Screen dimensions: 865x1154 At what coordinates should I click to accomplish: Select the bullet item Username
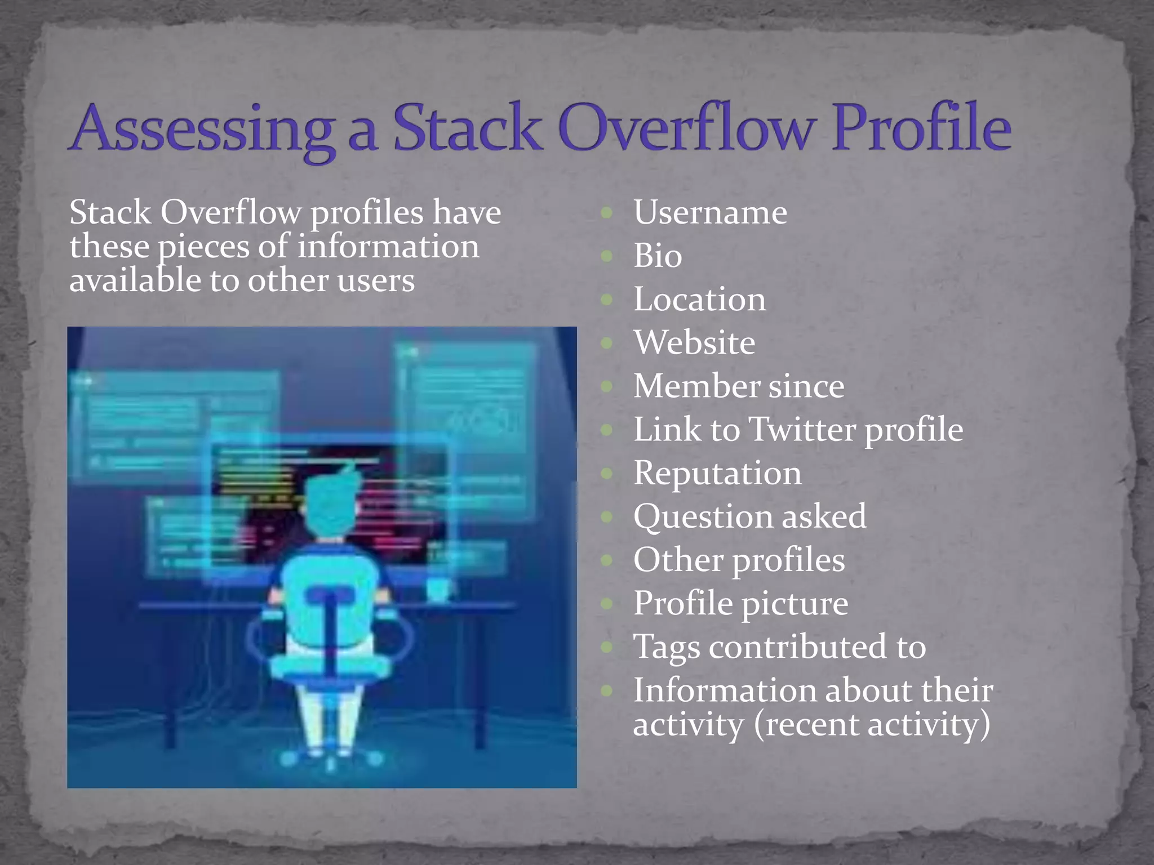(x=710, y=212)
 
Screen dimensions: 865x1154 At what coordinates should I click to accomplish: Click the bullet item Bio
(x=658, y=256)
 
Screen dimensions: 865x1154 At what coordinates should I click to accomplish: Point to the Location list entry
(x=699, y=299)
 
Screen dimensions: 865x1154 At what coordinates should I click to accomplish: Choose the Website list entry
(x=694, y=342)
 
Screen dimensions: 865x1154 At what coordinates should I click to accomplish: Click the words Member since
(x=739, y=386)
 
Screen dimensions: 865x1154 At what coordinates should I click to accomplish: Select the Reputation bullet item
(x=717, y=473)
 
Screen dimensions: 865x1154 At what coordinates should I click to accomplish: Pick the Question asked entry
(x=749, y=516)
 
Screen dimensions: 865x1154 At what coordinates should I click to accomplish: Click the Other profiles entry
(x=739, y=560)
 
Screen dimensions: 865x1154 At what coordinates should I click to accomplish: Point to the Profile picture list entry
(x=740, y=603)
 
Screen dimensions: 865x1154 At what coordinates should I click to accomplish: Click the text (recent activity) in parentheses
(x=872, y=724)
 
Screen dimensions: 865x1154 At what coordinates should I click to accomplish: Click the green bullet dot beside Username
(x=606, y=213)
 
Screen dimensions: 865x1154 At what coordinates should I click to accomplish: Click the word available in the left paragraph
(x=134, y=280)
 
